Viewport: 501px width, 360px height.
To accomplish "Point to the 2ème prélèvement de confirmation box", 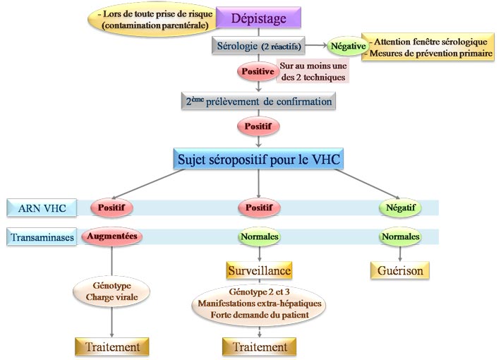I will tap(258, 102).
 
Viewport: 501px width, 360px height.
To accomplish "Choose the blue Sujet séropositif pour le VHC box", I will tap(258, 159).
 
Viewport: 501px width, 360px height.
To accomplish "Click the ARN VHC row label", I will tap(37, 208).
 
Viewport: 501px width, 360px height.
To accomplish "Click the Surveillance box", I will tap(258, 270).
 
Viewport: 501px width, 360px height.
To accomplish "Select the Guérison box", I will tap(399, 270).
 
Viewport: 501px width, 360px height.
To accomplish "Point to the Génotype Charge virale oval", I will tap(111, 293).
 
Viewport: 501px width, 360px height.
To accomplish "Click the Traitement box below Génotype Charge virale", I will tap(112, 347).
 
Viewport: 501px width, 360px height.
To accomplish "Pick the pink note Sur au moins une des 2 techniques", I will tap(313, 71).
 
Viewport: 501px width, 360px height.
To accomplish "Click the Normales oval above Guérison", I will tap(399, 237).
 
